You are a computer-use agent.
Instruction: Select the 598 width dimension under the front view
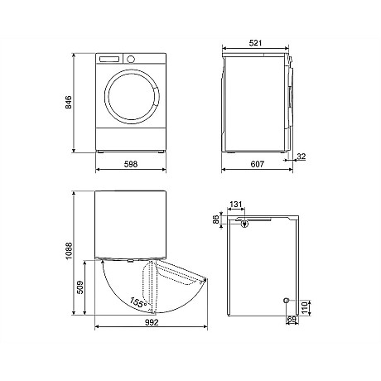coord(130,164)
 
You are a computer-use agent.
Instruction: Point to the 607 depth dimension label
coord(257,164)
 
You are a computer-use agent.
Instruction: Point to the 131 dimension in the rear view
coord(236,205)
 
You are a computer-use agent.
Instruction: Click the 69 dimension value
coord(291,318)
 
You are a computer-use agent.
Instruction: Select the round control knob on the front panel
coord(130,60)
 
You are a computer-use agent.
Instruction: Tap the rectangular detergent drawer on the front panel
coord(110,60)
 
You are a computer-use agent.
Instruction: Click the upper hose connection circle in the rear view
coord(246,222)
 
